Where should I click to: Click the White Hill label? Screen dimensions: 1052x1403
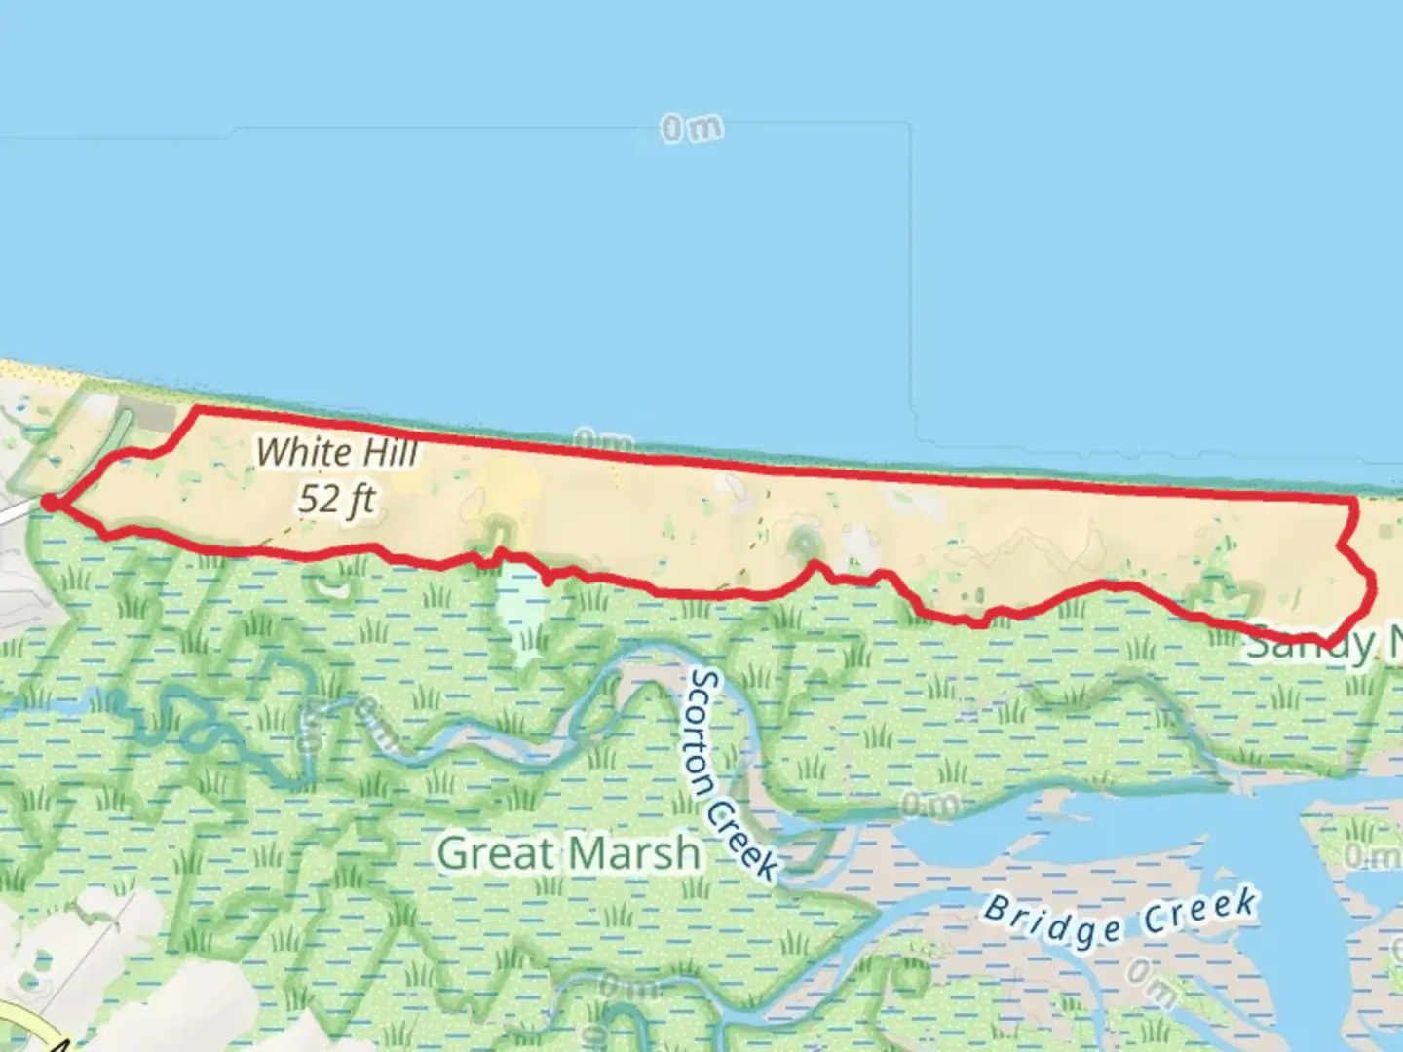pyautogui.click(x=337, y=452)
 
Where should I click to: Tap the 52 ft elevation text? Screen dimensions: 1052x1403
pyautogui.click(x=336, y=499)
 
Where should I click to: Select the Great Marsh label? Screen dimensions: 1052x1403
pyautogui.click(x=568, y=853)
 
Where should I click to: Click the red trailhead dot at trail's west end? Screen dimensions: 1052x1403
pyautogui.click(x=50, y=503)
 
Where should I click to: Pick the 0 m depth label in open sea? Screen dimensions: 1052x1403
pyautogui.click(x=692, y=129)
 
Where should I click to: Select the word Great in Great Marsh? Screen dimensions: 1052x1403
pyautogui.click(x=497, y=853)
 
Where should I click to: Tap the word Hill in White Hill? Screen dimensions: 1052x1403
pyautogui.click(x=389, y=452)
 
